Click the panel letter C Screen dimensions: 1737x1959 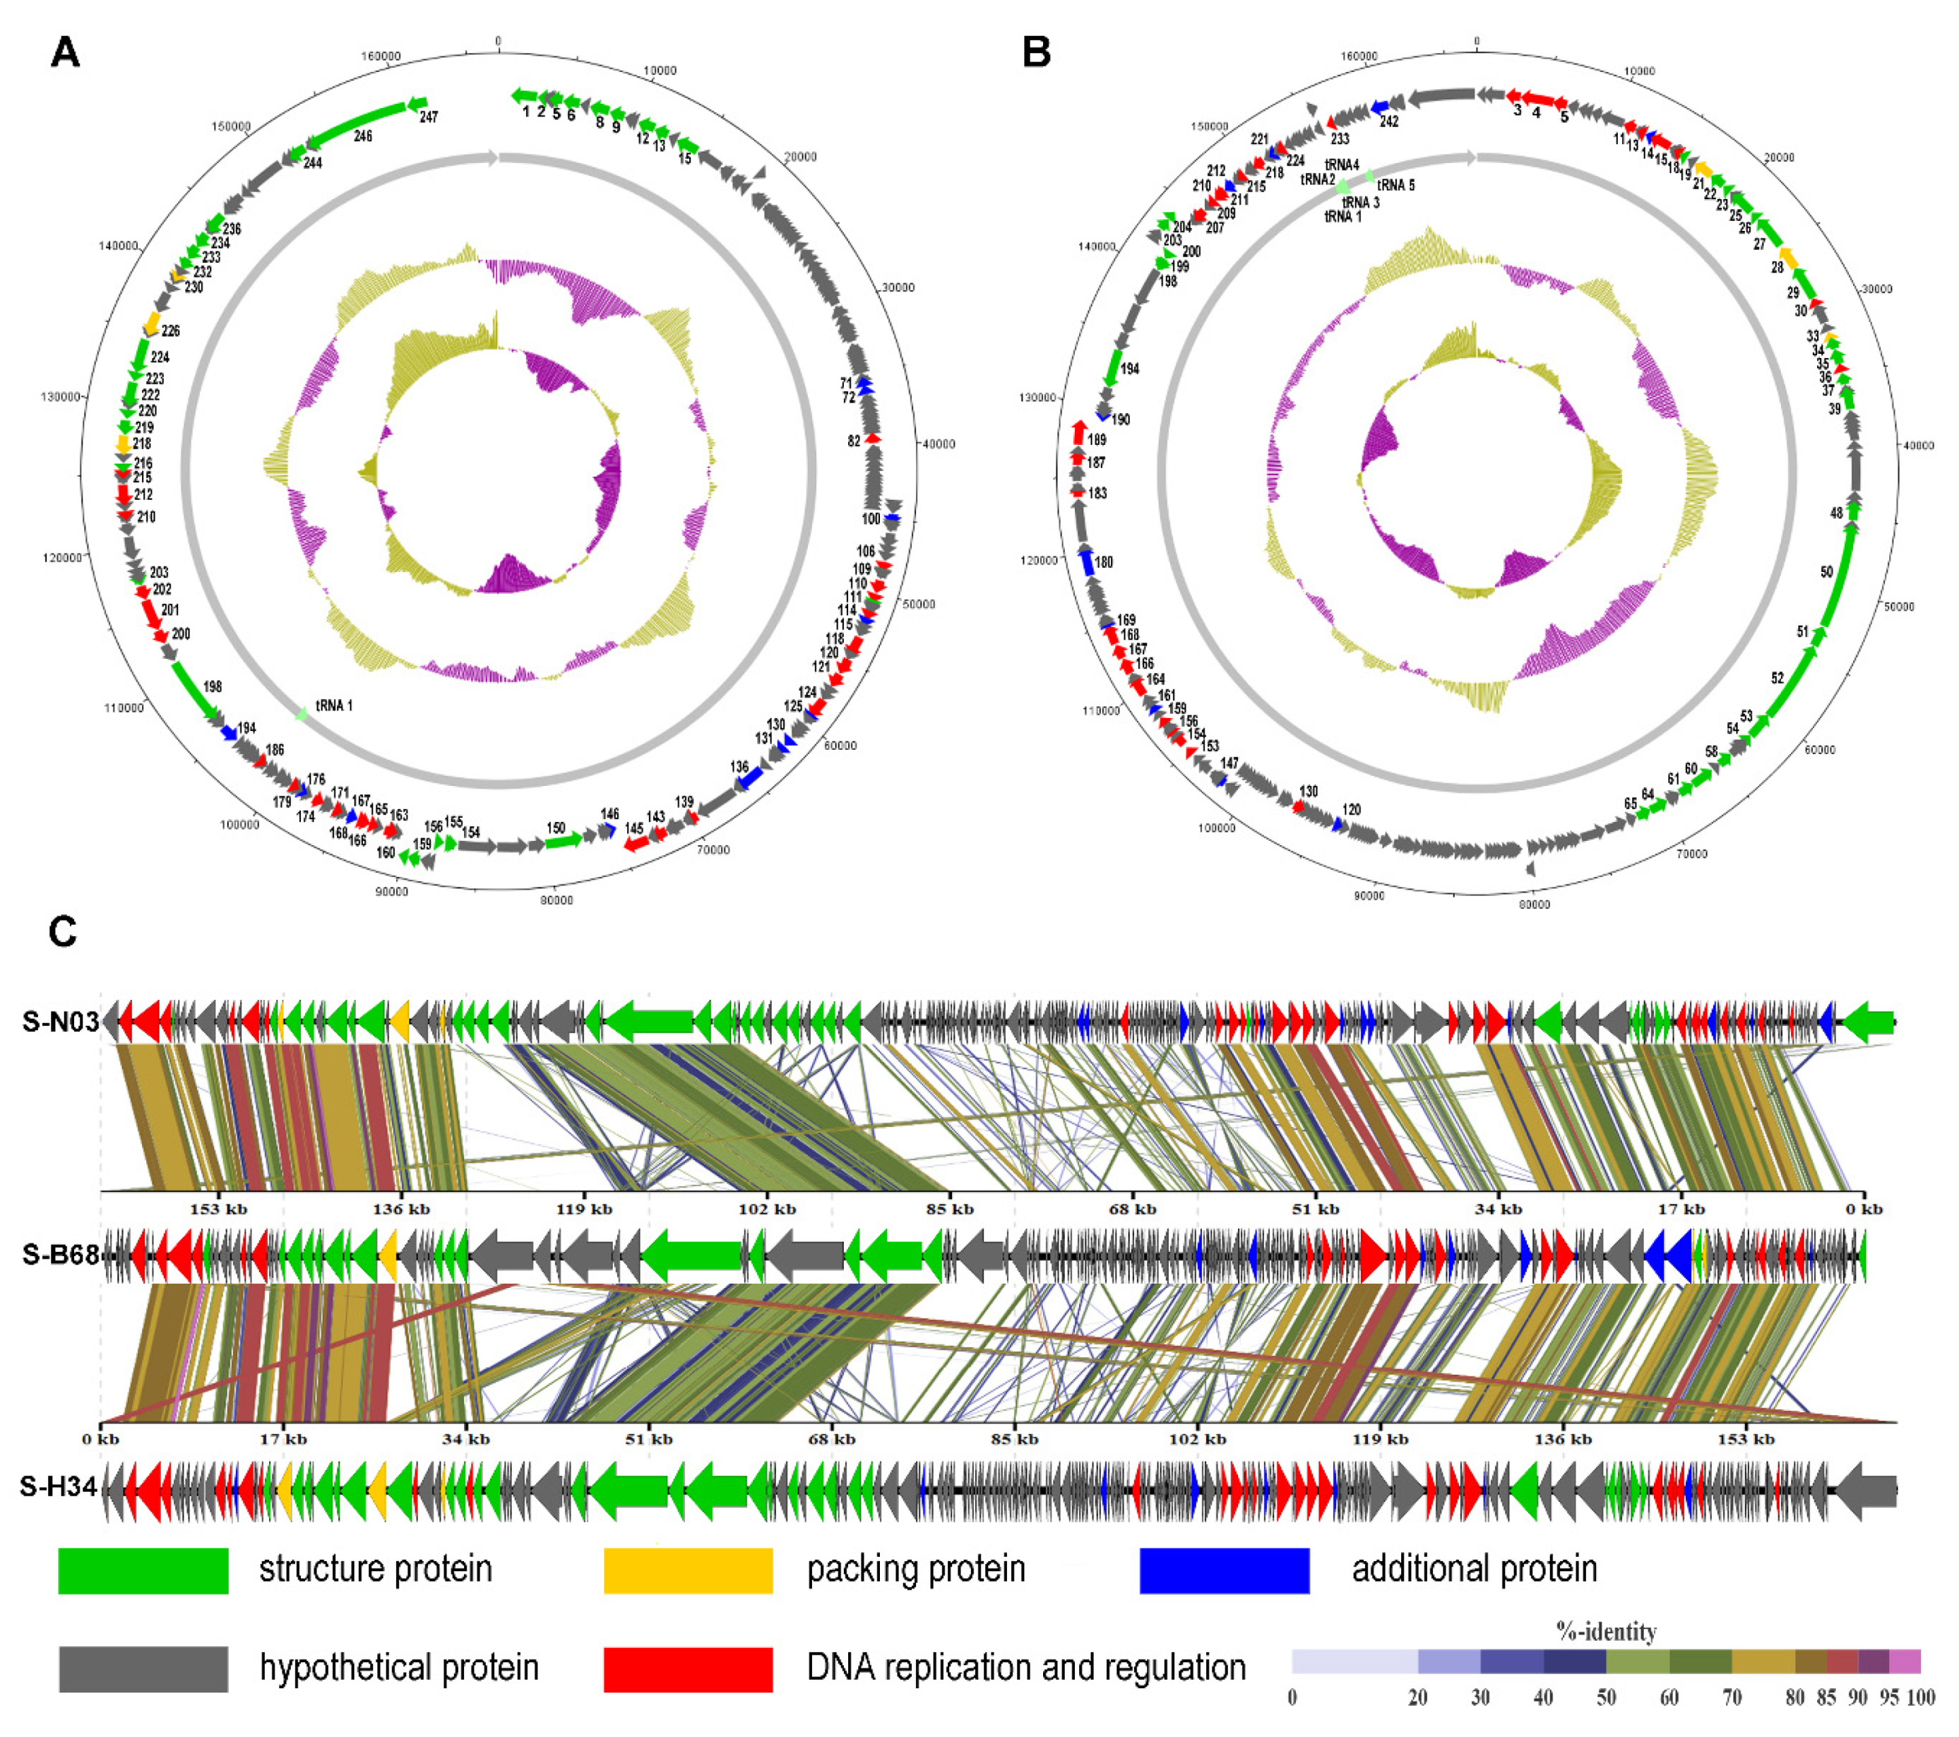tap(62, 931)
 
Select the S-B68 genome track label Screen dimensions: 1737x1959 tap(61, 1254)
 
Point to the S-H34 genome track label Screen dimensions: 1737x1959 tap(59, 1486)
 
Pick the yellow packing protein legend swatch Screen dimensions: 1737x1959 tap(687, 1570)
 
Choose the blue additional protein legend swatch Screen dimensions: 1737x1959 tap(1224, 1570)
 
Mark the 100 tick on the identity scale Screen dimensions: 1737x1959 tap(1919, 1697)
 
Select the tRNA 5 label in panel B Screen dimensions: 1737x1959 tap(1395, 185)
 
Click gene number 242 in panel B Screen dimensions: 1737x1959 tap(1388, 121)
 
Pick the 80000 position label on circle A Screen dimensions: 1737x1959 tap(556, 900)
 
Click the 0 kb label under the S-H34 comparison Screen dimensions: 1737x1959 tap(100, 1439)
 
